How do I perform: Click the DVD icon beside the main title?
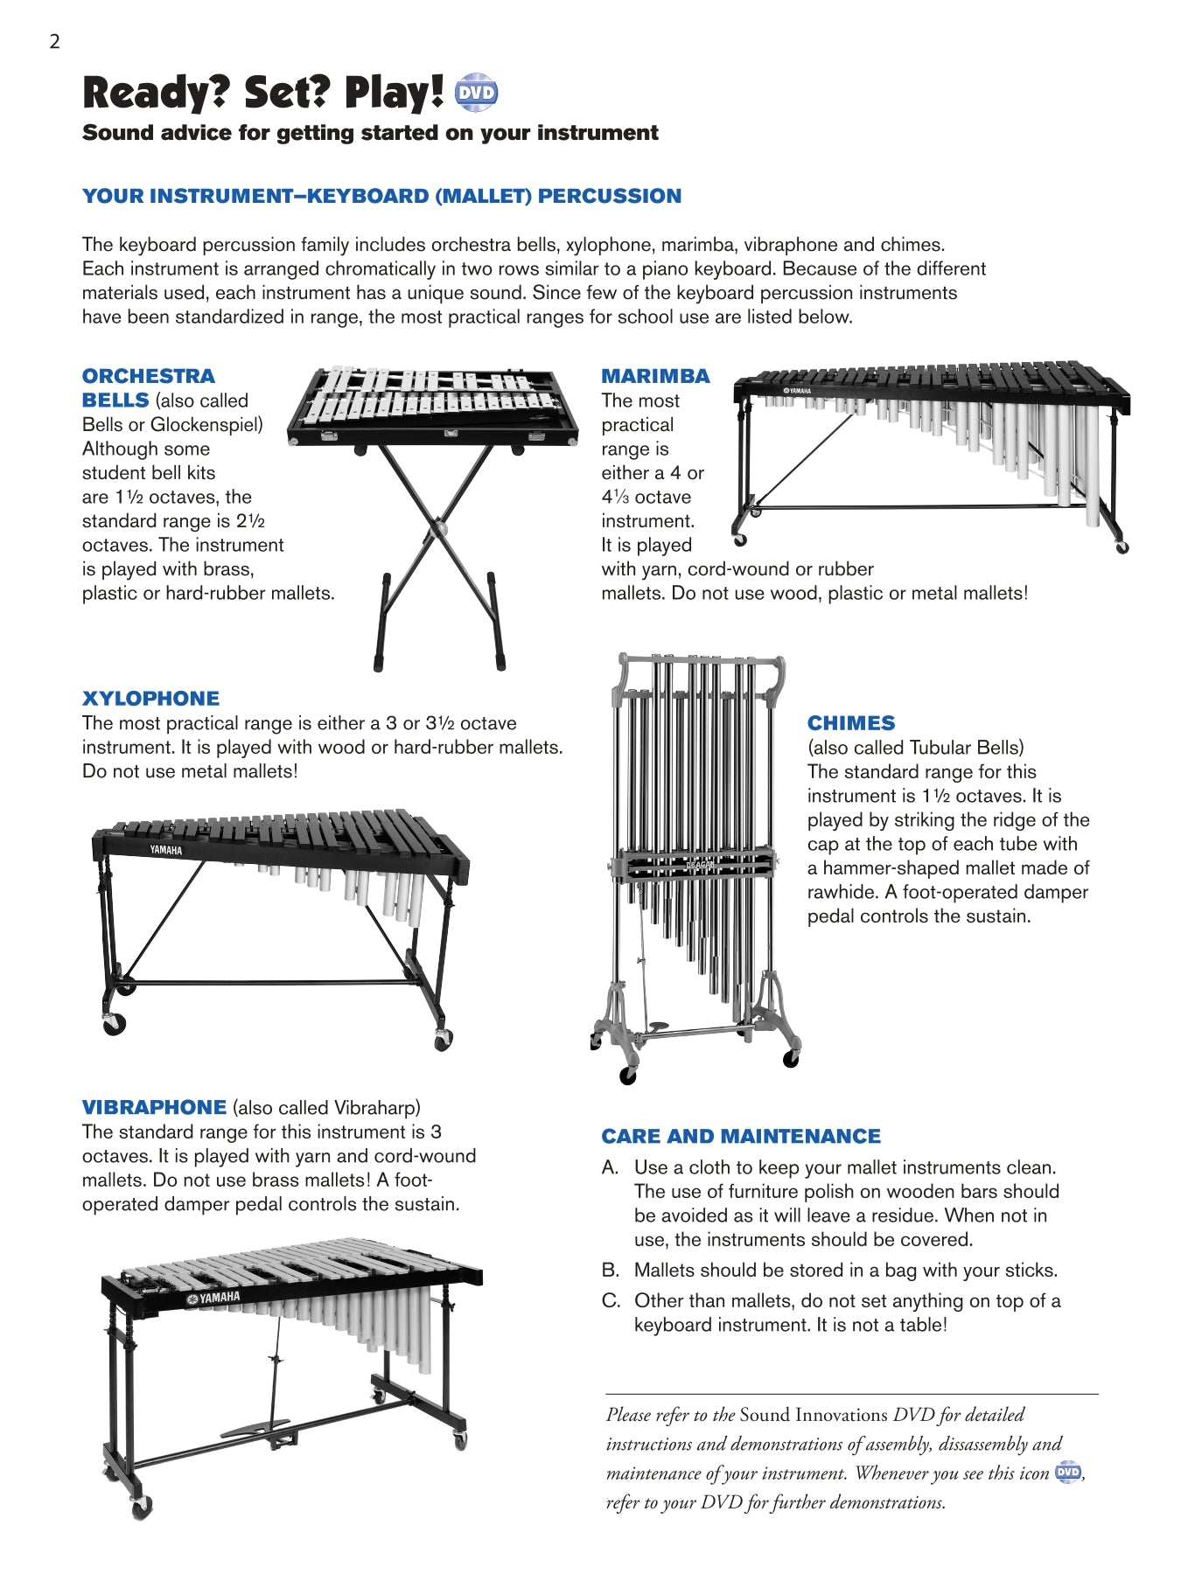pyautogui.click(x=477, y=93)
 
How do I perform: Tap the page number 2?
pyautogui.click(x=54, y=41)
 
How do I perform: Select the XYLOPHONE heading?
pyautogui.click(x=150, y=699)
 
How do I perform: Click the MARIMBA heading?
pyautogui.click(x=655, y=376)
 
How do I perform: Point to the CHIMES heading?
pyautogui.click(x=851, y=723)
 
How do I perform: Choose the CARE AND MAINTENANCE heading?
pyautogui.click(x=741, y=1136)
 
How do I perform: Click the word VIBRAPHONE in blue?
pyautogui.click(x=154, y=1107)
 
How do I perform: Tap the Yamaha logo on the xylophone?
pyautogui.click(x=165, y=849)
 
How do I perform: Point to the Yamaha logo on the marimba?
pyautogui.click(x=797, y=391)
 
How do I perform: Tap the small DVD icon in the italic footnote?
pyautogui.click(x=1068, y=1472)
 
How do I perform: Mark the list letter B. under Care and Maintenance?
pyautogui.click(x=611, y=1270)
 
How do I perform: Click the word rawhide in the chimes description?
pyautogui.click(x=842, y=892)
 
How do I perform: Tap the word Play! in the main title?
pyautogui.click(x=394, y=93)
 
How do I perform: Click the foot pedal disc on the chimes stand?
pyautogui.click(x=658, y=1026)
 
